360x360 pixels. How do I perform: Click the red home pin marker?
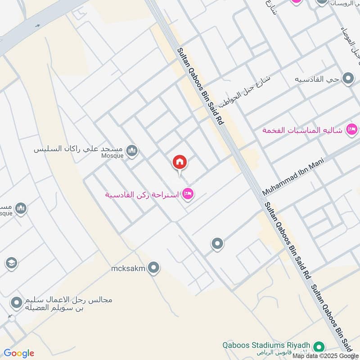pyautogui.click(x=180, y=162)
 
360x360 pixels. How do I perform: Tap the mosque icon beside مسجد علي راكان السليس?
pyautogui.click(x=132, y=150)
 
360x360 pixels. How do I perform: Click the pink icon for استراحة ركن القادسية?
pyautogui.click(x=189, y=194)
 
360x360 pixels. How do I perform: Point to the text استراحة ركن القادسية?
pyautogui.click(x=142, y=194)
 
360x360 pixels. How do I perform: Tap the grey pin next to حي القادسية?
pyautogui.click(x=348, y=80)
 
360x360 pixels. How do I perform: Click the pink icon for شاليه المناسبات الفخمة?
pyautogui.click(x=350, y=130)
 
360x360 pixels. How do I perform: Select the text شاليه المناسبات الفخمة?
pyautogui.click(x=303, y=130)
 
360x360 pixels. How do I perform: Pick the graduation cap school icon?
pyautogui.click(x=11, y=262)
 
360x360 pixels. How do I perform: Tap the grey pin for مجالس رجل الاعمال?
pyautogui.click(x=17, y=303)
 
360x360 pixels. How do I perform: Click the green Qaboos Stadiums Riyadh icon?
pyautogui.click(x=319, y=347)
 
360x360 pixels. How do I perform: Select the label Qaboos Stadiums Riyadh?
pyautogui.click(x=267, y=346)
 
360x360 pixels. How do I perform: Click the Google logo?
pyautogui.click(x=19, y=353)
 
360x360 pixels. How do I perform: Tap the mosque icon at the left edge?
pyautogui.click(x=21, y=208)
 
